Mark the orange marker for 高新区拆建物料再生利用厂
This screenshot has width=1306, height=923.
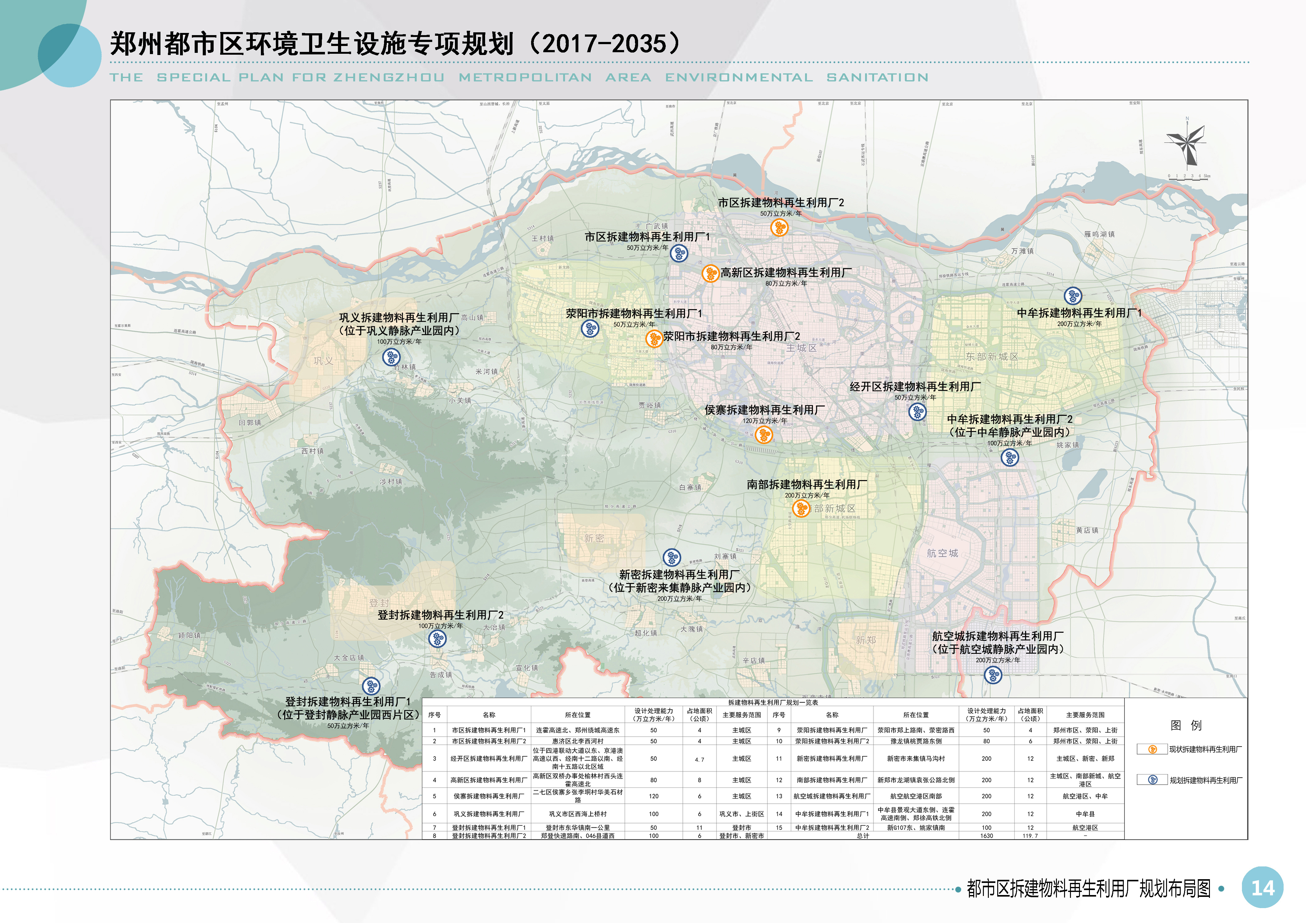tap(710, 273)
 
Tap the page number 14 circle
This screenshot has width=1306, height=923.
tap(1262, 888)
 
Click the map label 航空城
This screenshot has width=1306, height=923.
tap(942, 553)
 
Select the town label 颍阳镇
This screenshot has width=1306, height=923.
tap(189, 636)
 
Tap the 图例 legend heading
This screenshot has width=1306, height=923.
tap(1186, 725)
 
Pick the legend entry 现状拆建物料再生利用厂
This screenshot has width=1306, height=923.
tap(1205, 749)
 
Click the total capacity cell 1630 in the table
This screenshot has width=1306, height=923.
tap(986, 835)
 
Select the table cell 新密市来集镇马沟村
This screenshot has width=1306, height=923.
tap(916, 758)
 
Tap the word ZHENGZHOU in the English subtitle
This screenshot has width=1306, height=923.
tap(388, 77)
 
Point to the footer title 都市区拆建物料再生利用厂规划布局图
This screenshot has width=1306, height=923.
tap(1089, 888)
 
